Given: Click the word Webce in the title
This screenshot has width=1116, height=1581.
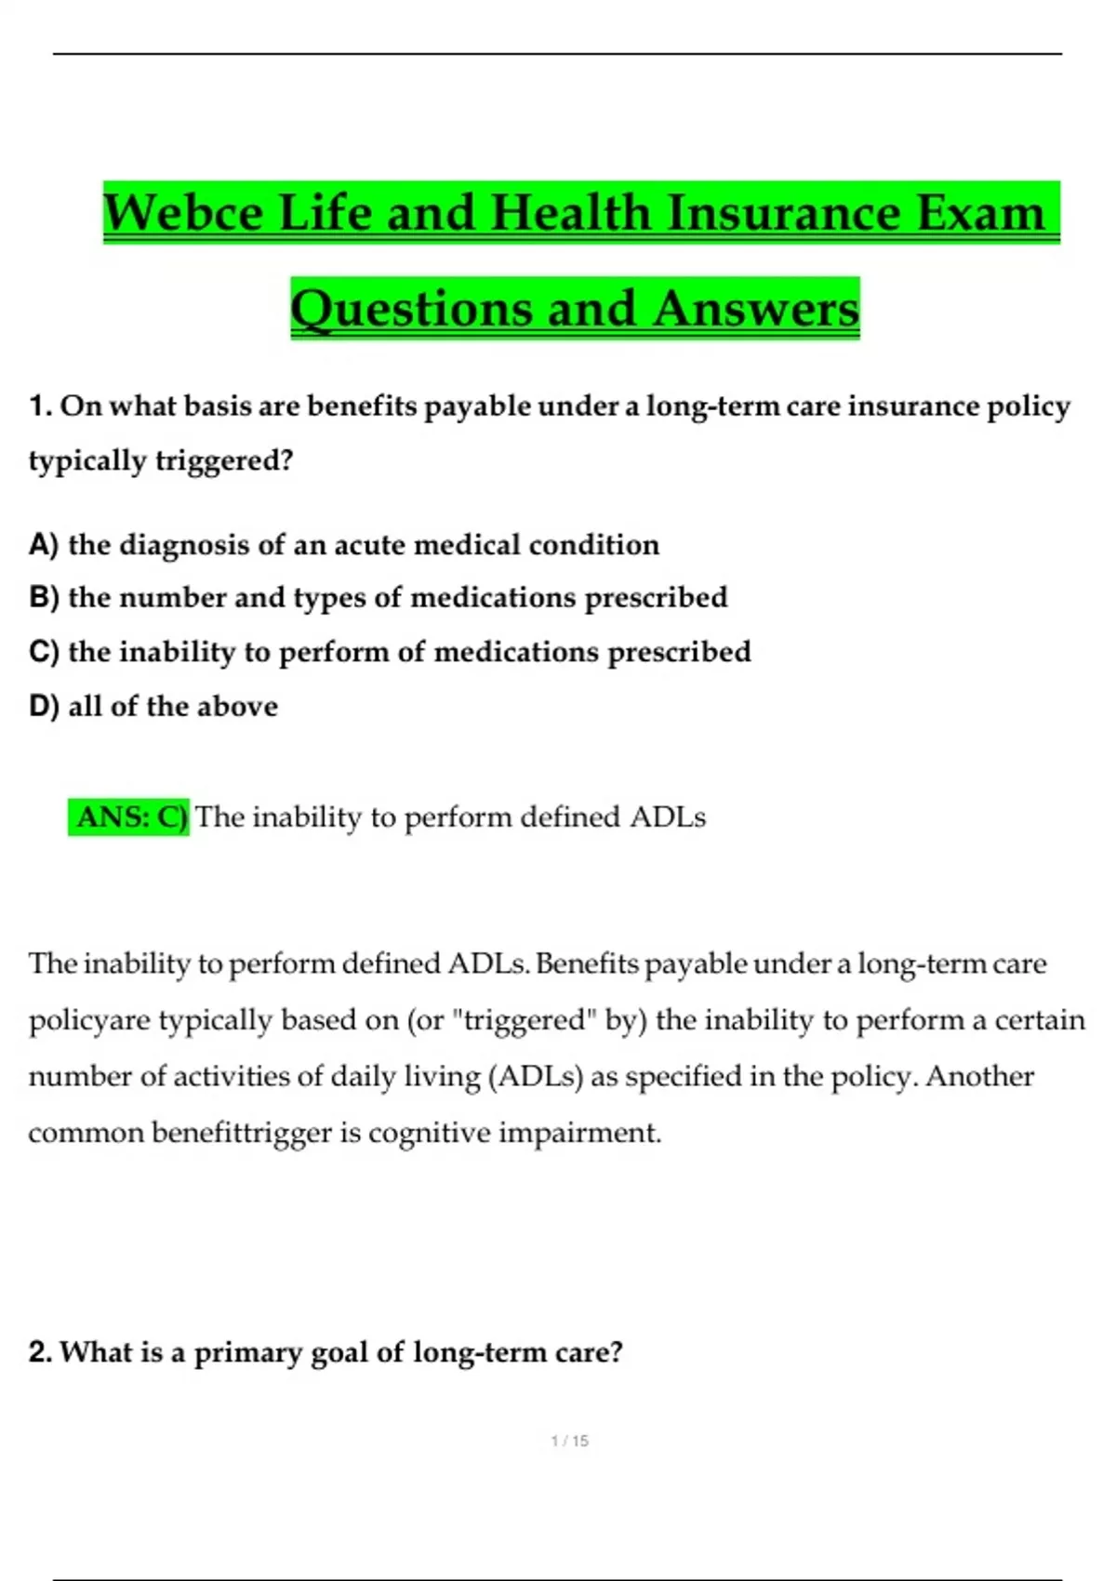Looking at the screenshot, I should pos(183,213).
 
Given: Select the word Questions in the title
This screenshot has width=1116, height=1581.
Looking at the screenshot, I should pos(412,310).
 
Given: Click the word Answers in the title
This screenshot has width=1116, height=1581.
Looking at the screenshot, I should pos(755,310).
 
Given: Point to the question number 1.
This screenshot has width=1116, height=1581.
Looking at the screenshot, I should pos(40,406).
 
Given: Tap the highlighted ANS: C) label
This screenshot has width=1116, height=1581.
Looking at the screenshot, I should pos(129,817).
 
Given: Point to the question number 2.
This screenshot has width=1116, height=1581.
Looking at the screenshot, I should pos(40,1351).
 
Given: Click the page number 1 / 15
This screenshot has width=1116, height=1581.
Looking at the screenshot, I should pos(570,1441).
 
